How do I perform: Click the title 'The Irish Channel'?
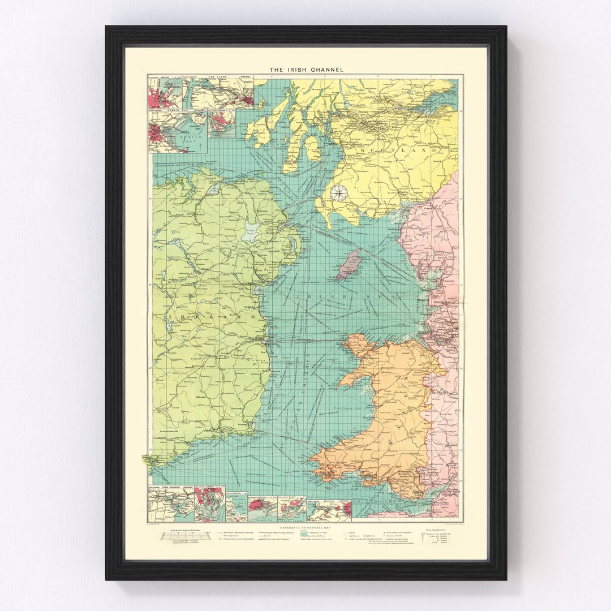point(306,70)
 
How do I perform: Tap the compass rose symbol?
point(338,193)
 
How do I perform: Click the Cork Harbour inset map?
point(170,505)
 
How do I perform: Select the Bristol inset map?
point(329,509)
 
